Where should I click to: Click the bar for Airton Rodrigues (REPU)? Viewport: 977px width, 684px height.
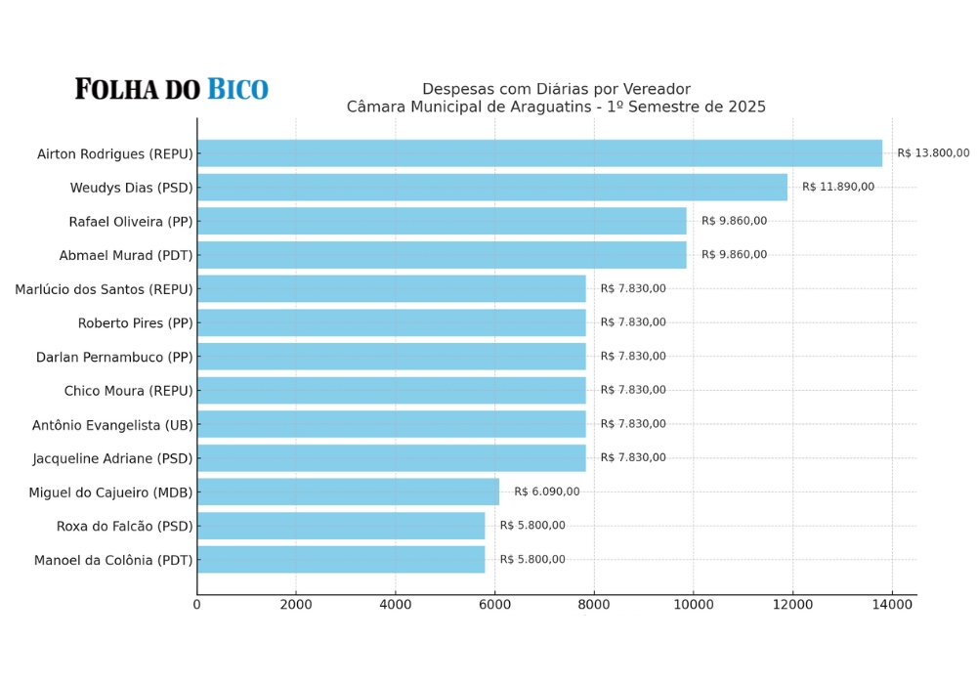pos(539,153)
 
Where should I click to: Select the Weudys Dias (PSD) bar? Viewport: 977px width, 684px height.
pos(492,188)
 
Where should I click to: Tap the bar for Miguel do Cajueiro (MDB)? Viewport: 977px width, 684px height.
pos(348,492)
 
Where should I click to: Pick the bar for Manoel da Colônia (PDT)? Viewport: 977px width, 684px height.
pos(341,559)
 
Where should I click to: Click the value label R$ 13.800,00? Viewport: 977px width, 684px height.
pos(933,153)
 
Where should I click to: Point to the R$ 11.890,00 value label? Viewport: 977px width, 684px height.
pos(838,187)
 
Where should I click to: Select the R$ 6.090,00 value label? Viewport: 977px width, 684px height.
pos(547,492)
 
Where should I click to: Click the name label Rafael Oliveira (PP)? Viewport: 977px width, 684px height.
pos(131,222)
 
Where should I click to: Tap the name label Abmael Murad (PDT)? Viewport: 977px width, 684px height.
pos(126,255)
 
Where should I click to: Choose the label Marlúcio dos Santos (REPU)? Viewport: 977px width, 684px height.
pos(104,289)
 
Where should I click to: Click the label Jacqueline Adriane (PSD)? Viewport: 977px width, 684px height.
pos(112,458)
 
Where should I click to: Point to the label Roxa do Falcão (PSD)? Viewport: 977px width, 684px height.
pos(124,527)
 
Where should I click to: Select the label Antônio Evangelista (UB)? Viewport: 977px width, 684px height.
pos(112,425)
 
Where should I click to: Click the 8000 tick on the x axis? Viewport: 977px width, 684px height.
pos(594,605)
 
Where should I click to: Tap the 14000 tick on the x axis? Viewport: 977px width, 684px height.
pos(892,605)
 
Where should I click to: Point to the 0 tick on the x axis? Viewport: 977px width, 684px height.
pos(197,605)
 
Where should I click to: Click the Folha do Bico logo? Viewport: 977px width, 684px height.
pos(172,90)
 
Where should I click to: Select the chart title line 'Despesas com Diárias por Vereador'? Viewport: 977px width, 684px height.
pos(556,89)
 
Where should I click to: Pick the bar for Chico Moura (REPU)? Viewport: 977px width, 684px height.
pos(391,390)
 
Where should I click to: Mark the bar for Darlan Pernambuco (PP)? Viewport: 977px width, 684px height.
pos(391,356)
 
